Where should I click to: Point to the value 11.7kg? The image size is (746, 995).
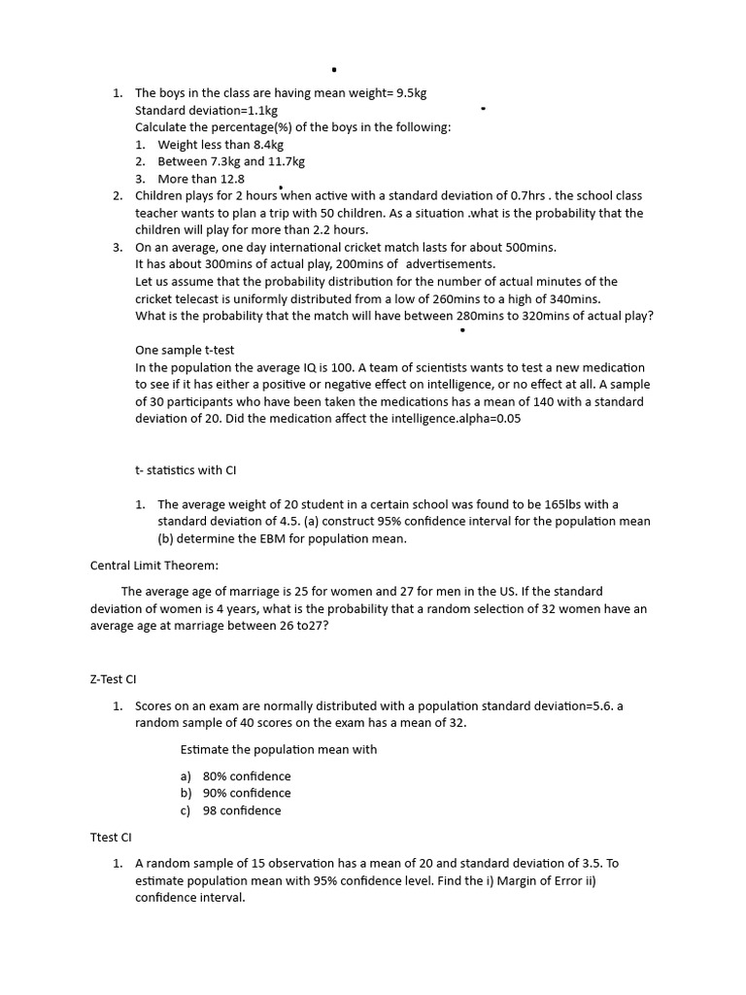287,161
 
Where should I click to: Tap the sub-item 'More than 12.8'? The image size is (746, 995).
201,179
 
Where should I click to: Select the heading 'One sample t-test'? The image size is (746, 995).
185,350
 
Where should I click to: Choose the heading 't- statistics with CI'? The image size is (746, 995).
186,470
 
